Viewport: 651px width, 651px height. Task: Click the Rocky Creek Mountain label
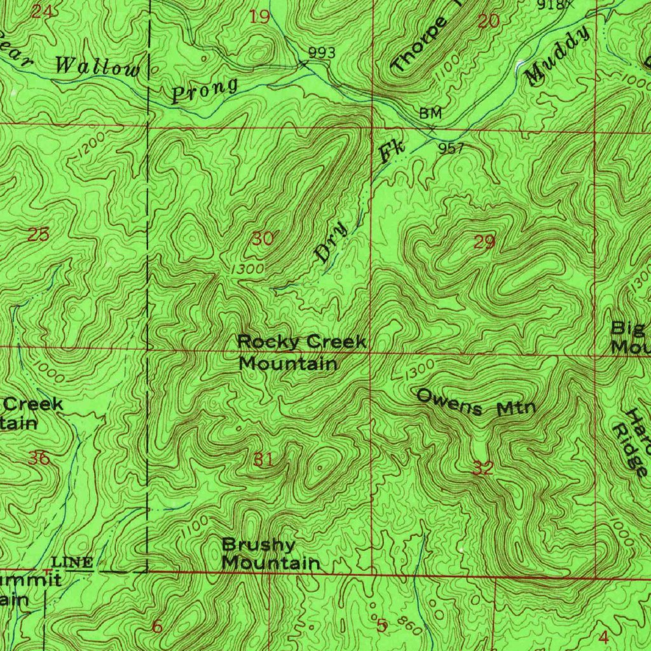(x=301, y=353)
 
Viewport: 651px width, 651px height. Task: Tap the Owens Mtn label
(x=476, y=402)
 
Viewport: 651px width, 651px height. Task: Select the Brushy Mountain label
(x=270, y=554)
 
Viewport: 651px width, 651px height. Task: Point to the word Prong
(x=204, y=90)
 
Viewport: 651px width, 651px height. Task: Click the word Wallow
(x=97, y=66)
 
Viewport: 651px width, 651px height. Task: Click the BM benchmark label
(x=430, y=113)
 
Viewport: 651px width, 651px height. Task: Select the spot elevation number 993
(x=322, y=53)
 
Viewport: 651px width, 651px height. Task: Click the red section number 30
(x=263, y=239)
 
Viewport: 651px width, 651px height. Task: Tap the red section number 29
(x=484, y=242)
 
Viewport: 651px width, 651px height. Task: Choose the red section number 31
(x=263, y=459)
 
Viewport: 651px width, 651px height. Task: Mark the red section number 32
(x=483, y=469)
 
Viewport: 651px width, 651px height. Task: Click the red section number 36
(x=39, y=458)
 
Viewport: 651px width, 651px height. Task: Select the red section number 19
(x=259, y=17)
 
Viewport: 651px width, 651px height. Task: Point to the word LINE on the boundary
(x=73, y=561)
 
